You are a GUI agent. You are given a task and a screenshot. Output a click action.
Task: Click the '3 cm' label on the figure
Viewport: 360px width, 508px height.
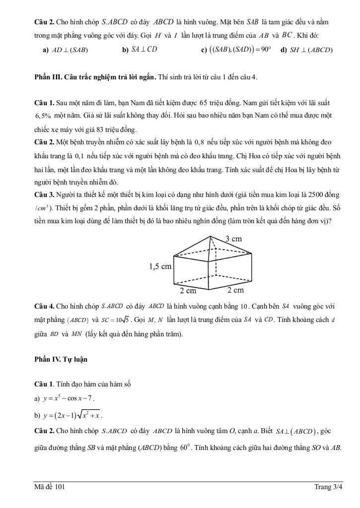(x=233, y=239)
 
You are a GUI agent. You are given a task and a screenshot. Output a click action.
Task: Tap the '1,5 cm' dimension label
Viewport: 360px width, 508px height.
(x=160, y=266)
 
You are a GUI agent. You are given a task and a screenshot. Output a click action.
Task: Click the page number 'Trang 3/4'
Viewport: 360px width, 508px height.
(x=328, y=487)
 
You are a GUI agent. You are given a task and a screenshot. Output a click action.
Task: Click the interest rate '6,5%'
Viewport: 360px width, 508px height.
(x=43, y=116)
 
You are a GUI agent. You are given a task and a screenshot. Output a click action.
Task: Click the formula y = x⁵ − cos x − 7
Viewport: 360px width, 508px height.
(x=65, y=398)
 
